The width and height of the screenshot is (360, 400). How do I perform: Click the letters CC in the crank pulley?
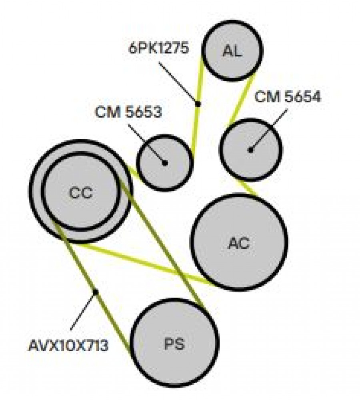pos(80,193)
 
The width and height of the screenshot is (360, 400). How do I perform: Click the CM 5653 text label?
pos(128,112)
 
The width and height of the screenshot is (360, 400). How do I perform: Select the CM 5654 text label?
pos(288,97)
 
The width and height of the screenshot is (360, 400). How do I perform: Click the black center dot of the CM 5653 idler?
pos(165,162)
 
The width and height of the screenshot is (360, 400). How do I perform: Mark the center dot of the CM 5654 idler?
pos(251,150)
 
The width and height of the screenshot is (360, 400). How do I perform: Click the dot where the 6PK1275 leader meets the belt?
pos(198,104)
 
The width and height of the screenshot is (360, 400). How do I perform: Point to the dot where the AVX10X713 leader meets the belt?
pos(96,292)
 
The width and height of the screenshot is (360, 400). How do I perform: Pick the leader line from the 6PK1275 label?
pos(178,83)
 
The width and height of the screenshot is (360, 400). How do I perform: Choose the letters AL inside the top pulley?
pos(232,51)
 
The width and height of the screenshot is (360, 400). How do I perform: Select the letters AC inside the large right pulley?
pos(239,243)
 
